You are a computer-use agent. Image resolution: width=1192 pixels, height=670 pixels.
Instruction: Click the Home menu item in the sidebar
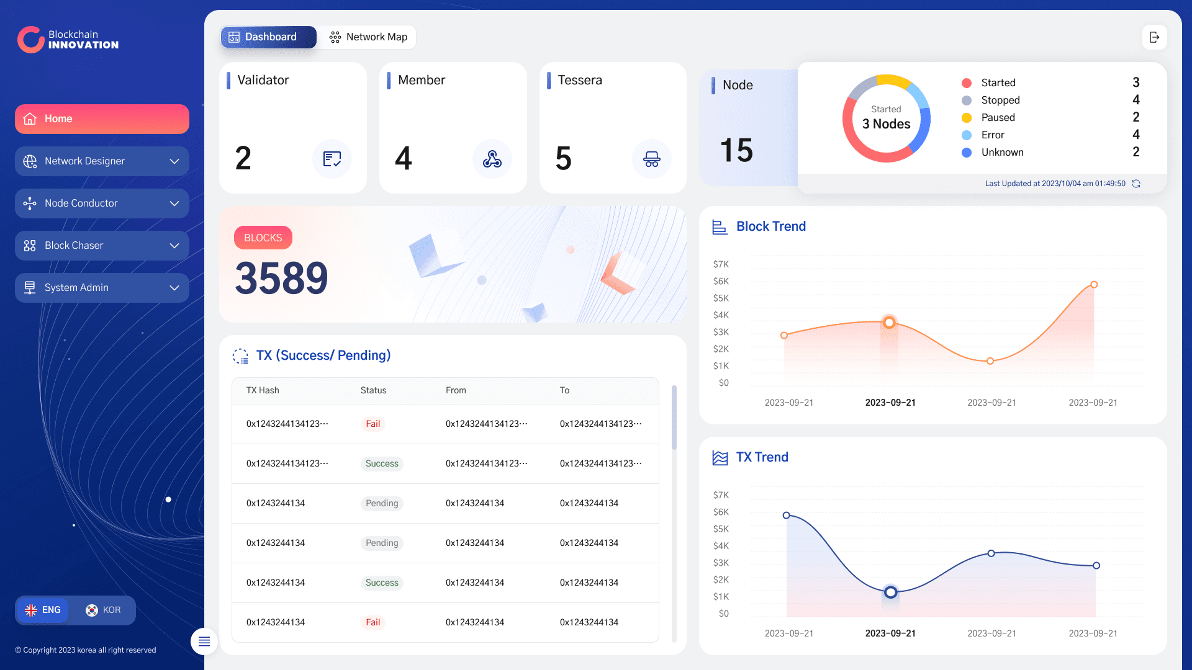(102, 119)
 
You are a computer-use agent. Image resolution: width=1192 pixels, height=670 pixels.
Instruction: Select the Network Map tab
(368, 37)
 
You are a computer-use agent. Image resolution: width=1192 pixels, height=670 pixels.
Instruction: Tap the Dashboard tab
(268, 37)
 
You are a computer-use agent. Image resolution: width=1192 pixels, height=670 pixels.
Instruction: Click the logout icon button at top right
(1154, 37)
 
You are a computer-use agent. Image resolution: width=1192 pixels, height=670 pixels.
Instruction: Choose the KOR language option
(103, 610)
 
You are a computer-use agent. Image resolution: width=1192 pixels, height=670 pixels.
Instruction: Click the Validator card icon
(332, 159)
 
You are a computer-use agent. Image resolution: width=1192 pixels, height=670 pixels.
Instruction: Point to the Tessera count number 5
(564, 158)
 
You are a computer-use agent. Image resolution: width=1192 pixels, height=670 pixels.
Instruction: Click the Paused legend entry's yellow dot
(967, 118)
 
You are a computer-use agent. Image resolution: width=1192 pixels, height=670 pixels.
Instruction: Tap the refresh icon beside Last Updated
(1136, 184)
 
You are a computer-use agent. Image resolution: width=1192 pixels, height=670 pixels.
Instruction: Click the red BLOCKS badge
(263, 238)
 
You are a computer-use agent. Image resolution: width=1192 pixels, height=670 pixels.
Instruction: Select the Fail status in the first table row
(373, 424)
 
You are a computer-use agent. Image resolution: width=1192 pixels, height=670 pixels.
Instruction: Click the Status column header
(374, 390)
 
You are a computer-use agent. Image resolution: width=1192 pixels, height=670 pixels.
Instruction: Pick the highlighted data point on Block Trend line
(890, 323)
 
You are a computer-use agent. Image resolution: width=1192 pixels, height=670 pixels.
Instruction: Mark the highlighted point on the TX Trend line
(891, 592)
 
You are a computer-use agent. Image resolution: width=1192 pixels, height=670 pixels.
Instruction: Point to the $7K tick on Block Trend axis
(721, 264)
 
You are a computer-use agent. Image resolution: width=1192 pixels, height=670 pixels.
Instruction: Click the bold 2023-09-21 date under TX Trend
(890, 633)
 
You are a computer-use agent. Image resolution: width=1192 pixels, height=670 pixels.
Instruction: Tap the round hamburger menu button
(204, 641)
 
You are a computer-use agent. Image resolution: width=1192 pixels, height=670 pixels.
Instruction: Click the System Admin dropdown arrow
(174, 288)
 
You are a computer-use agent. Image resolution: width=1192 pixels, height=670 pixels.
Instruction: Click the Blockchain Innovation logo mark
(30, 40)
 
